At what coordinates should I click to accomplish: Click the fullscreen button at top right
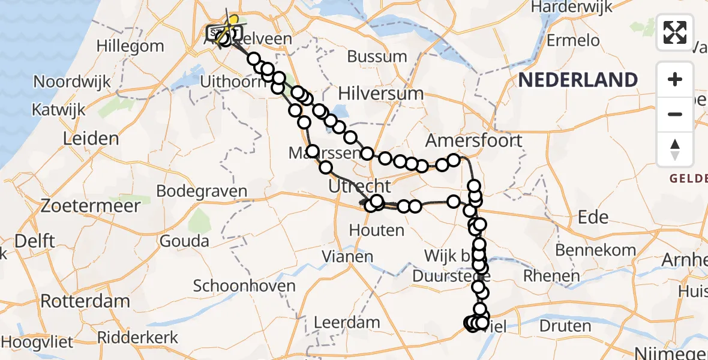[x=675, y=32]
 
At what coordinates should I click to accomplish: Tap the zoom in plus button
[x=675, y=79]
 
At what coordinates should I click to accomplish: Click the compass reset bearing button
[x=675, y=149]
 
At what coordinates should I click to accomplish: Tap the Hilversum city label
[x=380, y=94]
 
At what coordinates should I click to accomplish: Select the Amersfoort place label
[x=473, y=141]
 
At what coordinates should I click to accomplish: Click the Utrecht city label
[x=359, y=186]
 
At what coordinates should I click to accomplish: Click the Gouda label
[x=184, y=241]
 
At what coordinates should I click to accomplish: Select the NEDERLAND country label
[x=578, y=80]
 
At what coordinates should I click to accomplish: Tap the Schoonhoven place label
[x=244, y=286]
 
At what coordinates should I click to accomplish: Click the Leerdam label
[x=347, y=322]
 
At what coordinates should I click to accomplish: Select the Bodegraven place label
[x=202, y=191]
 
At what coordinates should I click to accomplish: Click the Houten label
[x=376, y=230]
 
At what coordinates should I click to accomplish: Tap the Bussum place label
[x=377, y=56]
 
